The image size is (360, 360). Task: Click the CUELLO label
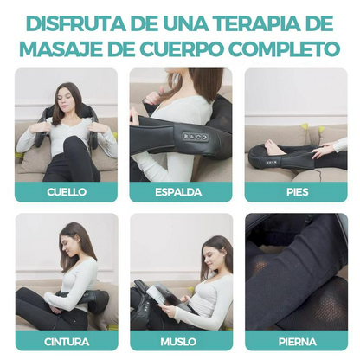click(x=66, y=192)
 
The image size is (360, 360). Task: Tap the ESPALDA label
click(x=181, y=192)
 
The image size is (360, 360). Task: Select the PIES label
click(x=296, y=192)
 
